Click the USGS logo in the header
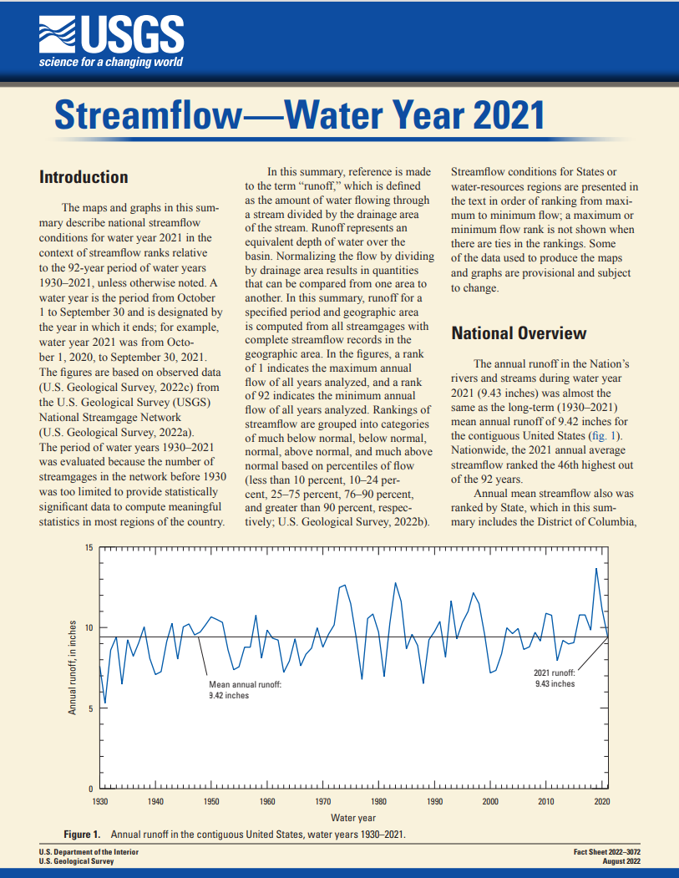[110, 34]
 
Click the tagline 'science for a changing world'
[110, 62]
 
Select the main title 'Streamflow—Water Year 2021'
[299, 114]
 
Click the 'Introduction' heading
[84, 177]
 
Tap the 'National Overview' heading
[519, 333]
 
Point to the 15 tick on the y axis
[89, 548]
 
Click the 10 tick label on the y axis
[89, 628]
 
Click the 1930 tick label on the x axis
[100, 801]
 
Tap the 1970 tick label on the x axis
[323, 801]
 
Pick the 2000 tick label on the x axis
[490, 801]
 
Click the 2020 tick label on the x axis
[601, 801]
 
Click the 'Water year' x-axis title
[352, 817]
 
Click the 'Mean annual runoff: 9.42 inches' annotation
[245, 690]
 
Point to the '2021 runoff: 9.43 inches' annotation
[555, 678]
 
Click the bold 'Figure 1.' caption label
[83, 835]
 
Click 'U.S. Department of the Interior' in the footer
[89, 851]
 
